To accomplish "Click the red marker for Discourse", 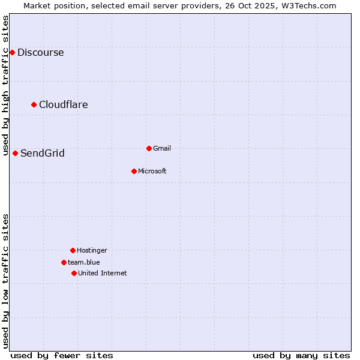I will point(12,52).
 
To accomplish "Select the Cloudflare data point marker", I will point(34,104).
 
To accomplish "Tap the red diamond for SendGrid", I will point(16,153).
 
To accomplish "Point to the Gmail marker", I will point(149,148).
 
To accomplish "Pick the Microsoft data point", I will point(134,171).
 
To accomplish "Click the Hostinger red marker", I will point(73,250).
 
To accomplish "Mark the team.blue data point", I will point(64,262).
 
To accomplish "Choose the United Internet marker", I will point(74,273).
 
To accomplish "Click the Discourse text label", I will point(40,52).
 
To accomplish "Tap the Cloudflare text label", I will point(64,104).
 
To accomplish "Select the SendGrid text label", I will point(43,153).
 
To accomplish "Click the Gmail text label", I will point(162,148).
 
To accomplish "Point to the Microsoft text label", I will point(152,171).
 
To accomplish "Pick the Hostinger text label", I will point(92,250).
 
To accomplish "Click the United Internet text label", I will point(103,273).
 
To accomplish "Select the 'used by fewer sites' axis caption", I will point(62,355).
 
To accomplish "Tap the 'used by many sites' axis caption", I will point(301,355).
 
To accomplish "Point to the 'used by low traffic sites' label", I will point(5,281).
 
